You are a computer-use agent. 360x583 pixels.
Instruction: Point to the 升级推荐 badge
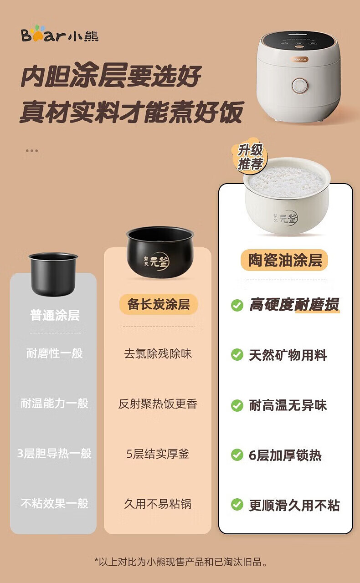click(250, 157)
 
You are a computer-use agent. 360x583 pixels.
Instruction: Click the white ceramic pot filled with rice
click(287, 195)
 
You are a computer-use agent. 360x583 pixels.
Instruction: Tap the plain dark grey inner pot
click(53, 274)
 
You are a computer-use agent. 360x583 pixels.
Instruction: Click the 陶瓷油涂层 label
click(285, 260)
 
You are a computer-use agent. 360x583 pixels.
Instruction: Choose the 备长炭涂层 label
click(159, 304)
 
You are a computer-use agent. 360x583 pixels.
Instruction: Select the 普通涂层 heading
click(55, 315)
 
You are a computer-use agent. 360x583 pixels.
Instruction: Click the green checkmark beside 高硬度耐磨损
click(237, 305)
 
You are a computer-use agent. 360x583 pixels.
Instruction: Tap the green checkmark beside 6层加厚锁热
click(237, 455)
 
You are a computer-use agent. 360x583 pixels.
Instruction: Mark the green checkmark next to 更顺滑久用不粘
click(237, 504)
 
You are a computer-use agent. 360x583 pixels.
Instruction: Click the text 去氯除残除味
click(158, 354)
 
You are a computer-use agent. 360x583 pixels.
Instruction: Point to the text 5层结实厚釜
click(158, 454)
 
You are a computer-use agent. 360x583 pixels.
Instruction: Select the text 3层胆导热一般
click(54, 453)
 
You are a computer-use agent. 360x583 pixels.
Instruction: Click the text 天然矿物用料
click(288, 355)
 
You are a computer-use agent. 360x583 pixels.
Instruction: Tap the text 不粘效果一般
click(55, 504)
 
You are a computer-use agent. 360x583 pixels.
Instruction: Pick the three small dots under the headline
click(32, 151)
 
